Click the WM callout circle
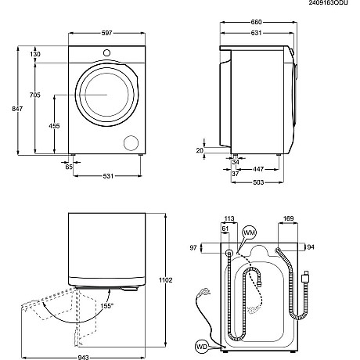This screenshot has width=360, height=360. click(250, 233)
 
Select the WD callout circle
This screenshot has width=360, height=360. click(202, 344)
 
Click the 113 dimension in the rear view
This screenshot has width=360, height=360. click(229, 219)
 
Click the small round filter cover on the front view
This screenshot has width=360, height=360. click(130, 142)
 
